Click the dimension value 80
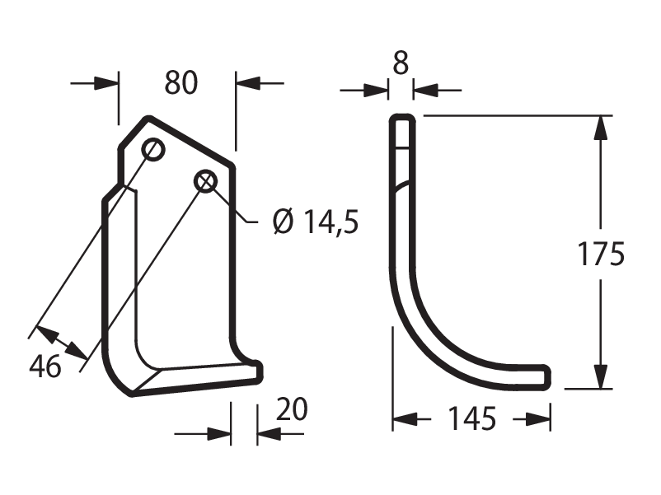180,82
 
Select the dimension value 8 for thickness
401,63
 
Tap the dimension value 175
600,254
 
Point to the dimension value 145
471,418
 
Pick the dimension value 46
45,366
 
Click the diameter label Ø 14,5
316,222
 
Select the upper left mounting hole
153,149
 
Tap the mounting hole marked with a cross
206,181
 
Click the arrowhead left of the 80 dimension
105,83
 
